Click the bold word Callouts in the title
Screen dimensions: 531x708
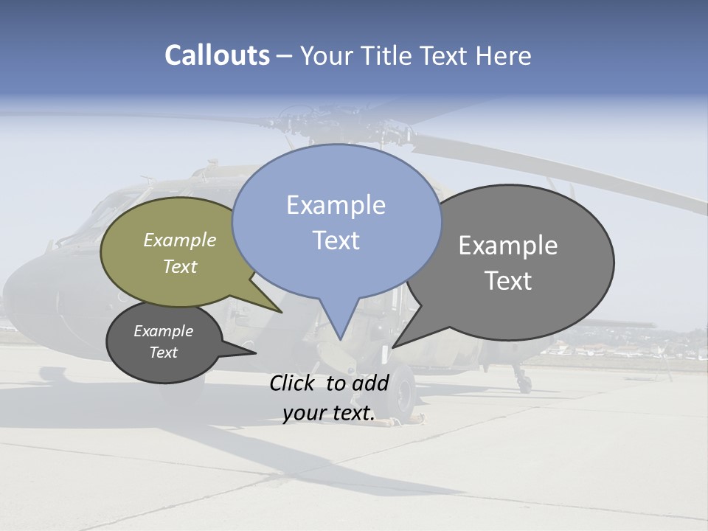click(218, 55)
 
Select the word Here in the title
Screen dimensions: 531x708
click(504, 55)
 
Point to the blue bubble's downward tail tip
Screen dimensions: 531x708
click(340, 339)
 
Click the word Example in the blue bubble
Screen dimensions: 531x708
click(336, 205)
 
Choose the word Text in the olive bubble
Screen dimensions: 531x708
click(179, 266)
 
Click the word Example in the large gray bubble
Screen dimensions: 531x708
click(507, 246)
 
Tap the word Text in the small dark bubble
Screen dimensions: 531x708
click(163, 353)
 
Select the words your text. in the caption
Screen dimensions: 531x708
click(328, 414)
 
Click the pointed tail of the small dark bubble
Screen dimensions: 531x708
click(255, 353)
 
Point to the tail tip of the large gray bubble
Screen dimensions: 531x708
click(393, 347)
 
